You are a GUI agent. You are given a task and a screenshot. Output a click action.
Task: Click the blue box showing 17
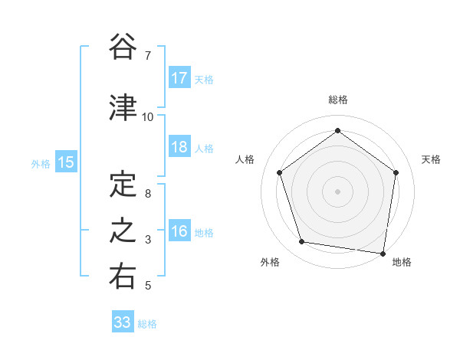[179, 78]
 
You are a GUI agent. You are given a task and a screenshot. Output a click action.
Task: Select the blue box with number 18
[179, 147]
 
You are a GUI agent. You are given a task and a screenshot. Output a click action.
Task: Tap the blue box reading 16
[179, 231]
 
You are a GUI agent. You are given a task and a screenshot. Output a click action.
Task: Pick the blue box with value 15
[65, 162]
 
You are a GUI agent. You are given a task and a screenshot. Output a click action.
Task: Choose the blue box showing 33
[123, 322]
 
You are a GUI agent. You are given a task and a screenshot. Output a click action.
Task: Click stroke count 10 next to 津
[147, 117]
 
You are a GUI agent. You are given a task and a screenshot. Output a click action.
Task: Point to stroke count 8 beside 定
[147, 194]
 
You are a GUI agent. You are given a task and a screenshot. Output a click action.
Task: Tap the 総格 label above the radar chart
[337, 100]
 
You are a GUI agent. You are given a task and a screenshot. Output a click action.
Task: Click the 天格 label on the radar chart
[431, 159]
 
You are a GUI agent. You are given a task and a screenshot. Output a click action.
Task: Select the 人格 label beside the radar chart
[245, 159]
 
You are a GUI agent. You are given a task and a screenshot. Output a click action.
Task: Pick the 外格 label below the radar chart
[269, 262]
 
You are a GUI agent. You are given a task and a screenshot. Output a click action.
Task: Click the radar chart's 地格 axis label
[402, 262]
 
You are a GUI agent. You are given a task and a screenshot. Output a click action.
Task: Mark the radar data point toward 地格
[383, 253]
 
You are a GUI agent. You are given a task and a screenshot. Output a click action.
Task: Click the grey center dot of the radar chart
[337, 190]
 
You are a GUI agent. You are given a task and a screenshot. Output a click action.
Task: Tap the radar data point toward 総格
[337, 130]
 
